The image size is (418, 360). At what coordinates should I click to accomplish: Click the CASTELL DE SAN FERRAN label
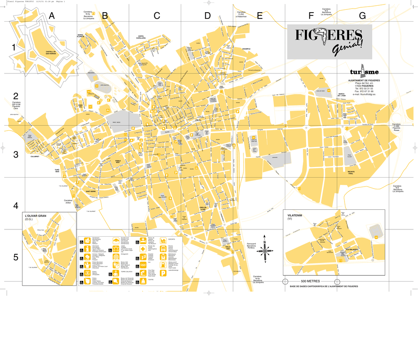[51, 52]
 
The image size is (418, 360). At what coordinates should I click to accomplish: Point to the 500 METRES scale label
[310, 282]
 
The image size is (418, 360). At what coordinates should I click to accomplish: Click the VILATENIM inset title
[295, 215]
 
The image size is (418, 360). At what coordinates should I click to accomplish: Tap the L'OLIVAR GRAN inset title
[36, 216]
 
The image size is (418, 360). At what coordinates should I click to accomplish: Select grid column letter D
[207, 16]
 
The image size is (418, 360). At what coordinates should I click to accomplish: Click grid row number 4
[16, 205]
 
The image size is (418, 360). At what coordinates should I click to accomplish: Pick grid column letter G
[362, 16]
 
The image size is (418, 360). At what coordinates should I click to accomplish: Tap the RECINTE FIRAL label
[351, 173]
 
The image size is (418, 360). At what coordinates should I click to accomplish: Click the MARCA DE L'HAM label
[342, 95]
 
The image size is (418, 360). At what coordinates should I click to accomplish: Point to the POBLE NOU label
[118, 162]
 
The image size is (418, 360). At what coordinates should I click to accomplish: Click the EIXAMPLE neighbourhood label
[247, 49]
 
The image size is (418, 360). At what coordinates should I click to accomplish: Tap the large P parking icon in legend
[163, 274]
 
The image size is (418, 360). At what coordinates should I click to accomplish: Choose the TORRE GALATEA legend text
[126, 271]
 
